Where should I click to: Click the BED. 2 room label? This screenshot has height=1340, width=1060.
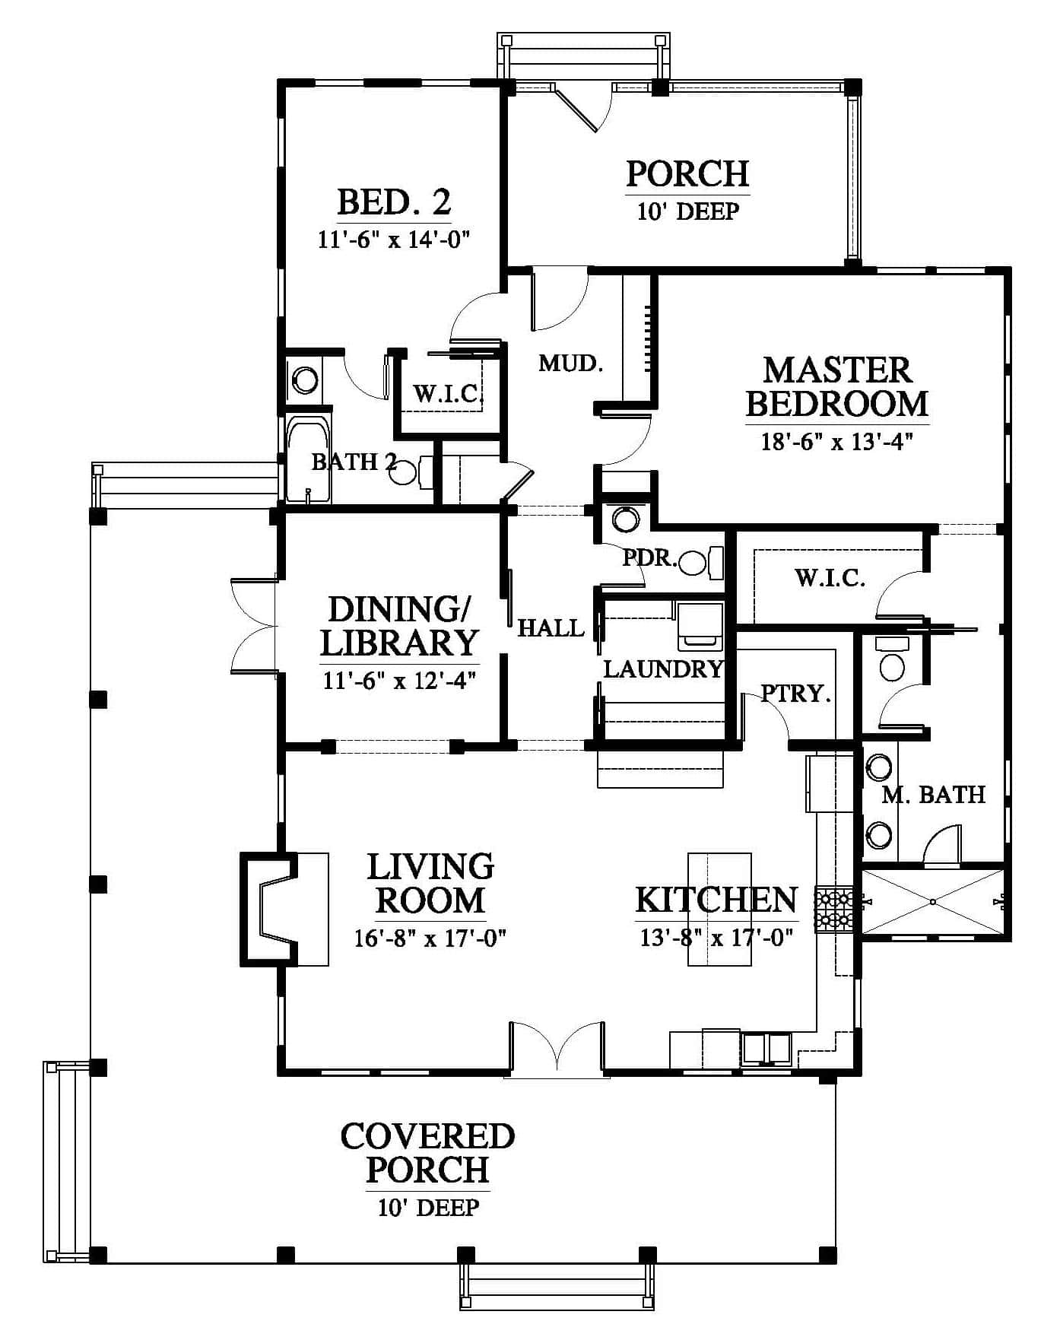394,202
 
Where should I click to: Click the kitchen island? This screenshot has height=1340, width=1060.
719,910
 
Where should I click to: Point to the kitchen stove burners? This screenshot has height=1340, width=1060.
834,910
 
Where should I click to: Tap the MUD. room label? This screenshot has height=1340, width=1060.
571,364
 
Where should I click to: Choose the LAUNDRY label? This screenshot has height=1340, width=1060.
663,668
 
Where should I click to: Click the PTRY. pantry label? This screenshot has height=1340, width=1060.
795,694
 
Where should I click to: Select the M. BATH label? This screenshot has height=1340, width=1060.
934,795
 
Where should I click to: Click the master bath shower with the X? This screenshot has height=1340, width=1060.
933,902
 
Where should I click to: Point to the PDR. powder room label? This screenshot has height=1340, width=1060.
650,558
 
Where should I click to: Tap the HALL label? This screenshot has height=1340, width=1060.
551,628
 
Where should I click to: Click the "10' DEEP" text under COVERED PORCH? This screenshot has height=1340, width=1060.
429,1207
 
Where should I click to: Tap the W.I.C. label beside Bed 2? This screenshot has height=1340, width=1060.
449,393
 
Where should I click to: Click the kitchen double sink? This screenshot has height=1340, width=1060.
766,1049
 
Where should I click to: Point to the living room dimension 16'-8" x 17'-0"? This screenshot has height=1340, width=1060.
430,938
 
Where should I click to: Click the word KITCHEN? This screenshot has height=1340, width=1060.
716,900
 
